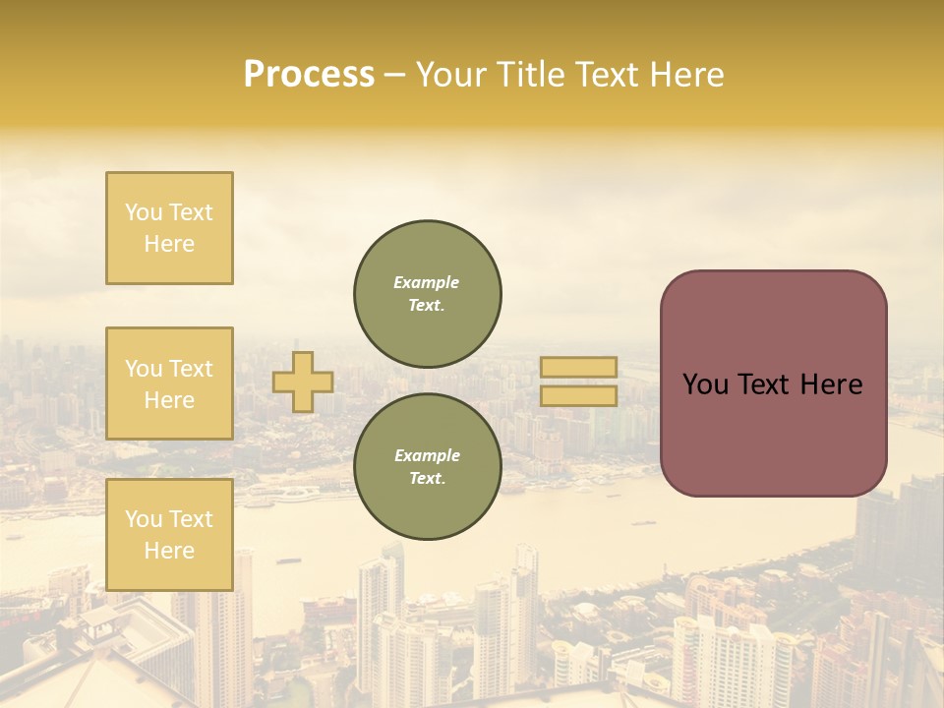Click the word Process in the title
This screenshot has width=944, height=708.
tap(309, 75)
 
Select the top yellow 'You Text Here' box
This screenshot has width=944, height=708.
tap(169, 228)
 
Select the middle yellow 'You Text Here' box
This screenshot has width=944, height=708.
tap(169, 383)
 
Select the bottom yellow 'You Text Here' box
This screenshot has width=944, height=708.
tap(169, 534)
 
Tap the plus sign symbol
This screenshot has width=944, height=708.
tap(303, 382)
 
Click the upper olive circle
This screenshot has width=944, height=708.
tap(427, 294)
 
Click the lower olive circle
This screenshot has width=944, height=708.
tap(427, 467)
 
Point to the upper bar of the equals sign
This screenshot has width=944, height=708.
tap(578, 368)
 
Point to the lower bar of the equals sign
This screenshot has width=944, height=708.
tap(578, 395)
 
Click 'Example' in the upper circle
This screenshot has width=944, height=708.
tap(427, 282)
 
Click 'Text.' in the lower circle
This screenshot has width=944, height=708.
tap(427, 479)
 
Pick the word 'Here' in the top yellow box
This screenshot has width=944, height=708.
tap(169, 244)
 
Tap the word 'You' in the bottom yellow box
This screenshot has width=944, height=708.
tap(144, 519)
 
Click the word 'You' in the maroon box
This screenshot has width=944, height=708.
tap(705, 384)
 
